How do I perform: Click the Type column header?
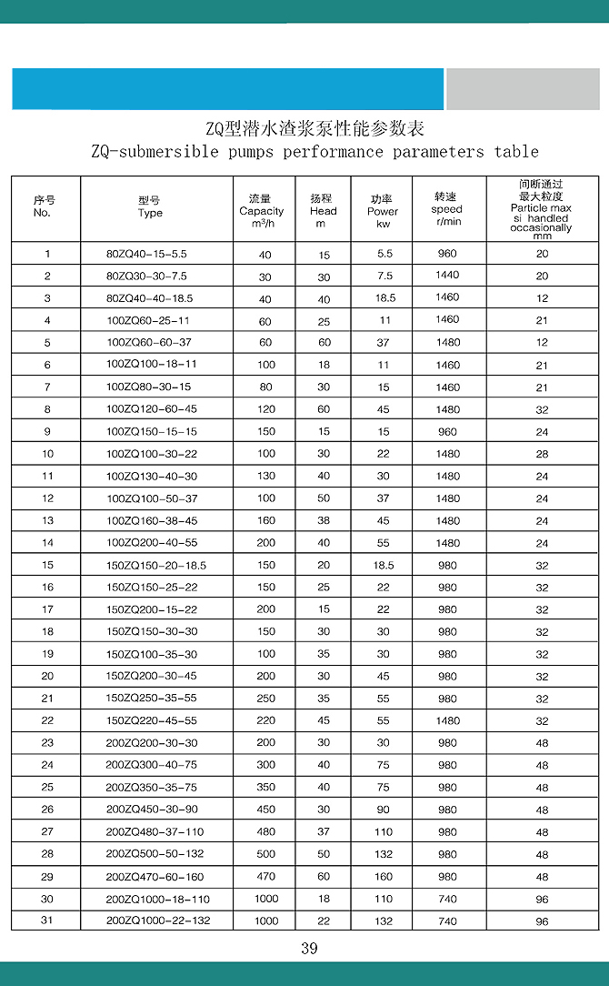pyautogui.click(x=150, y=206)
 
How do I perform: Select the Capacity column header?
pyautogui.click(x=262, y=211)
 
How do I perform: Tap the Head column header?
pyautogui.click(x=323, y=211)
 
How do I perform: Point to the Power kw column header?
pyautogui.click(x=383, y=211)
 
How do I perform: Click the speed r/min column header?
pyautogui.click(x=446, y=209)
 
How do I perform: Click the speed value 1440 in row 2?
pyautogui.click(x=447, y=276)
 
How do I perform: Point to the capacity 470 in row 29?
pyautogui.click(x=265, y=877)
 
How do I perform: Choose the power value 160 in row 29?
pyautogui.click(x=384, y=877)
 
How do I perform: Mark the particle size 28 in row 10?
pyautogui.click(x=542, y=454)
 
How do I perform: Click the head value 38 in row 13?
pyautogui.click(x=324, y=521)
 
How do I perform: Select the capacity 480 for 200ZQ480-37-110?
pyautogui.click(x=265, y=832)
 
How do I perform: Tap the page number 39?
pyautogui.click(x=309, y=950)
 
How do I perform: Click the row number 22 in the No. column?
pyautogui.click(x=47, y=721)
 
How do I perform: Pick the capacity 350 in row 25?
pyautogui.click(x=265, y=788)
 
